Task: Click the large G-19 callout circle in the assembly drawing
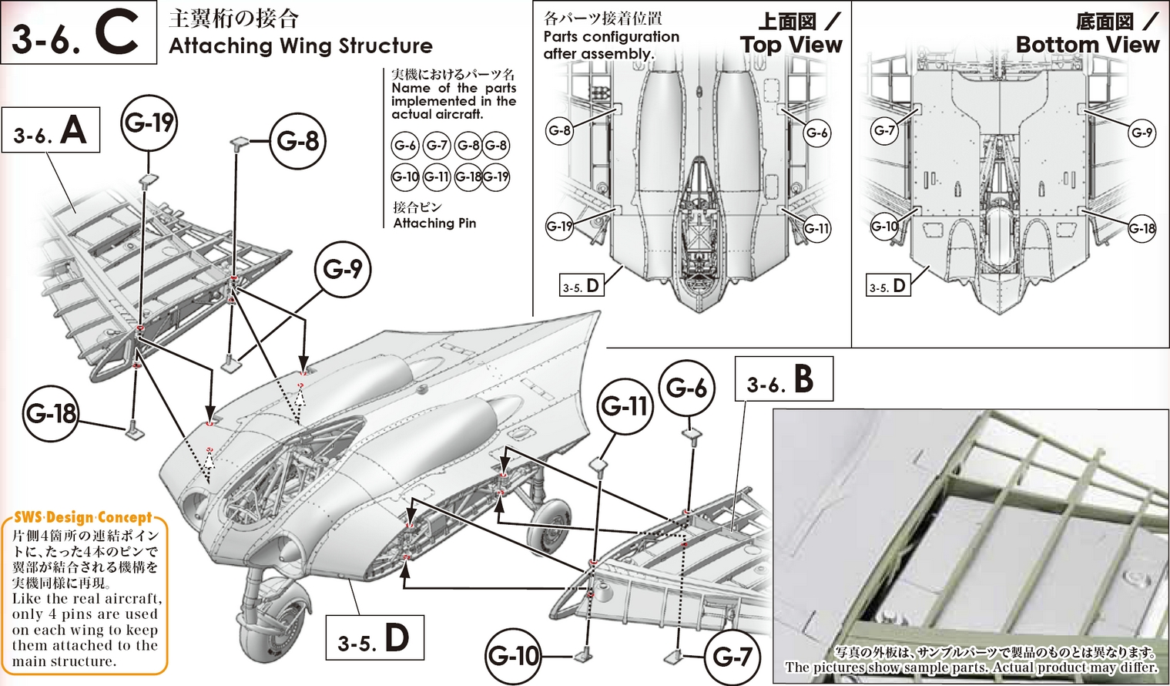(x=149, y=123)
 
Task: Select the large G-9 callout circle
(x=342, y=269)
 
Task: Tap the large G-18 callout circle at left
(x=51, y=414)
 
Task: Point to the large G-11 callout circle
(x=625, y=406)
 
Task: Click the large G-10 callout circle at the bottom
(x=514, y=656)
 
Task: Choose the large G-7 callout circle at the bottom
(x=732, y=657)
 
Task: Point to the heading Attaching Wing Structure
(x=300, y=46)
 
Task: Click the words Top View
(x=791, y=45)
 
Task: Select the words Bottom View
(x=1087, y=45)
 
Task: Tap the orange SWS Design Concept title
(x=83, y=518)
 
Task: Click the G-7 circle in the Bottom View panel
(x=884, y=130)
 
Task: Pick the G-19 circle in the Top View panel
(x=559, y=227)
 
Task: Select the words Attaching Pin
(x=434, y=224)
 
